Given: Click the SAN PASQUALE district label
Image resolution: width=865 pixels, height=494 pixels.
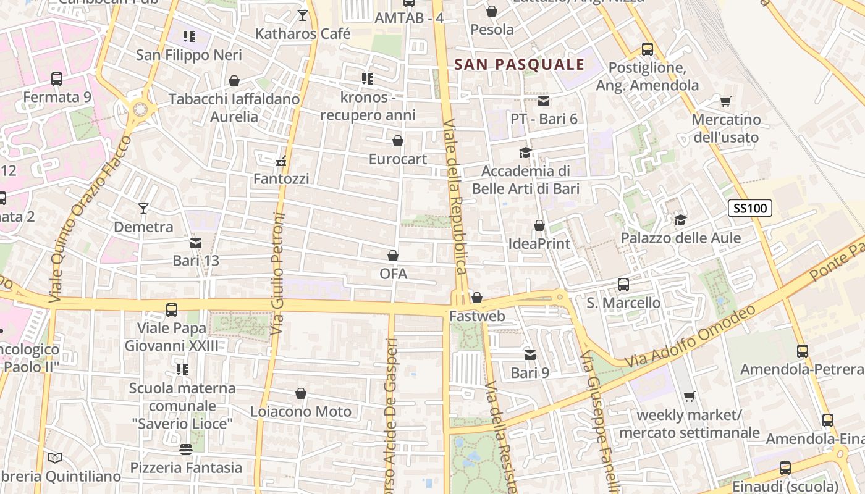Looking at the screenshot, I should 519,64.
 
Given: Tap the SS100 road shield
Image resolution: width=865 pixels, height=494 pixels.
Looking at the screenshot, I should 750,208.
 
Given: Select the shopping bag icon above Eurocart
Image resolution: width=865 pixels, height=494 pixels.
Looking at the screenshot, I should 398,141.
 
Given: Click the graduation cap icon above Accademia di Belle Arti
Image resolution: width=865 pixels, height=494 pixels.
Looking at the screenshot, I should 525,153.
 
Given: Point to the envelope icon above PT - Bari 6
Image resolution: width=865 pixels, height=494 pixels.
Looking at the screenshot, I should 544,101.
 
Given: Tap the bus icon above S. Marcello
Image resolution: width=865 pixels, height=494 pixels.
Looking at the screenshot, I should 623,285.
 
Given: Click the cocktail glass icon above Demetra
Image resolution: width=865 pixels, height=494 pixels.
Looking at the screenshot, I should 143,209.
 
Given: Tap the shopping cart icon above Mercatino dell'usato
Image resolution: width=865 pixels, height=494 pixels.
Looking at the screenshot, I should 726,101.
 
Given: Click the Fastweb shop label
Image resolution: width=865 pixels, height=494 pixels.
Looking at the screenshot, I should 477,316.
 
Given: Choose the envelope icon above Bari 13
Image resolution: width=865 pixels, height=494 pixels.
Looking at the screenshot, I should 196,243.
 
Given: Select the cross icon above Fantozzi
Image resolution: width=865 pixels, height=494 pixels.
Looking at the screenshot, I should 281,162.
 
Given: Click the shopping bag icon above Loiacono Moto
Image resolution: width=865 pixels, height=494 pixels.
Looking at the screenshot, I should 301,393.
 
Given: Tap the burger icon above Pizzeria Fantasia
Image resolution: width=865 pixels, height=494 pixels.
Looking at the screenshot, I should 186,450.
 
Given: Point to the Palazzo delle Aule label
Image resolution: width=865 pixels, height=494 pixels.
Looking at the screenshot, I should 680,238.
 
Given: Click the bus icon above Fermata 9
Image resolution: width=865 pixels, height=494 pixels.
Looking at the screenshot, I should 57,79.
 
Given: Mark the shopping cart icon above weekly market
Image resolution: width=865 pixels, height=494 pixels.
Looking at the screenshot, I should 690,396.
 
